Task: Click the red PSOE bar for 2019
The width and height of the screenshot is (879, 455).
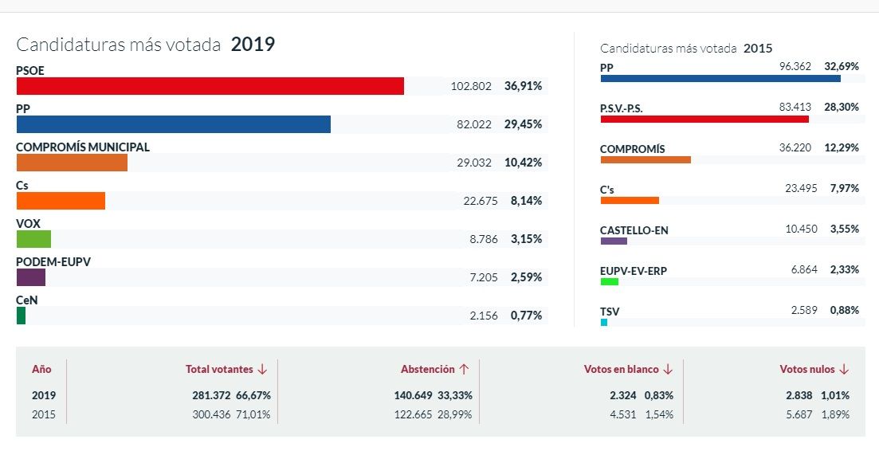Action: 210,86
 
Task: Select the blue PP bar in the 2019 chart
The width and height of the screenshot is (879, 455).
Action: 173,124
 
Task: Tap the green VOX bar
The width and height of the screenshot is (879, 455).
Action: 33,239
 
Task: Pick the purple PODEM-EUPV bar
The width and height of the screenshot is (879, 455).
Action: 30,277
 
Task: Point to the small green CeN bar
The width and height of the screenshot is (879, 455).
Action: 21,316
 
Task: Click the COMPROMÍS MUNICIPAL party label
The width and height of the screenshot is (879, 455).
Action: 83,147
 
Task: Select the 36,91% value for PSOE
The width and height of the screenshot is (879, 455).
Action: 523,86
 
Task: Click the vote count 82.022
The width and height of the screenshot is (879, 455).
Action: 475,124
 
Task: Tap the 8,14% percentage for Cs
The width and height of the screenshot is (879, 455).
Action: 526,201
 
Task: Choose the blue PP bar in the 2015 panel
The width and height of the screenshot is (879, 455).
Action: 720,78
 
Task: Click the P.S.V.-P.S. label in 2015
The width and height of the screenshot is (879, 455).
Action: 621,108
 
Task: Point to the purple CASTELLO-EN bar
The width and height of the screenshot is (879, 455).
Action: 614,241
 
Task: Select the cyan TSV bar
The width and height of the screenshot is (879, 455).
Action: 604,323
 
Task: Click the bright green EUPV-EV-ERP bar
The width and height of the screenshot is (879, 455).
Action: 609,282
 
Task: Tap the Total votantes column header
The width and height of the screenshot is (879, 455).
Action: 219,370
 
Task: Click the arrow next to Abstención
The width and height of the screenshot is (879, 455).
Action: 464,370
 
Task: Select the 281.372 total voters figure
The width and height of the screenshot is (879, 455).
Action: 211,395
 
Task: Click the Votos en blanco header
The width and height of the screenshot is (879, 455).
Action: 621,370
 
